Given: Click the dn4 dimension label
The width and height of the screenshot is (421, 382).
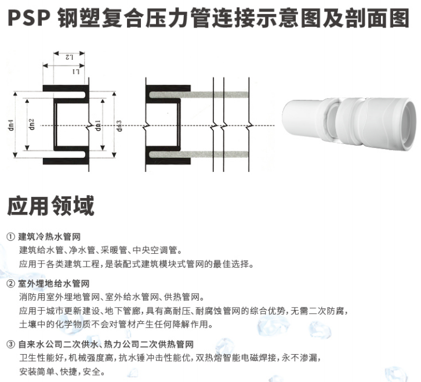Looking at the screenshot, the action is pos(12,125).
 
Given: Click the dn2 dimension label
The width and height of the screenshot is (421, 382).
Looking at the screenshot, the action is pos(32,124).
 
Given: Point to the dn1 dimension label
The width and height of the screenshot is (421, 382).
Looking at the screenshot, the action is pos(98,125).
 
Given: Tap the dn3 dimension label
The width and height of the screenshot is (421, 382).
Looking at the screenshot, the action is pos(119,125).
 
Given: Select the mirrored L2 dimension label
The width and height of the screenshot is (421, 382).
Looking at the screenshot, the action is pos(69,57).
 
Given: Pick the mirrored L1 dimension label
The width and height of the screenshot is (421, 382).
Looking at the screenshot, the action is pos(76,71).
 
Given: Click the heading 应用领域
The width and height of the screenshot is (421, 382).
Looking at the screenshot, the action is pos(51,206).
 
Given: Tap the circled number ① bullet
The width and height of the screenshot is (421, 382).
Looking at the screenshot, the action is pos(11,237).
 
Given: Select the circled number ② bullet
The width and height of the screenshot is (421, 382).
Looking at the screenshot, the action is pos(11,284).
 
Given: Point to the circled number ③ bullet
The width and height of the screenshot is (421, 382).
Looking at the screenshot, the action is pos(11,344).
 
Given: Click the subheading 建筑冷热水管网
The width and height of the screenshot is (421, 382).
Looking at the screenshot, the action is pos(49,237).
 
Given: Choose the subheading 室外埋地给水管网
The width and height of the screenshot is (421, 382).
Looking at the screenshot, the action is pos(54,284).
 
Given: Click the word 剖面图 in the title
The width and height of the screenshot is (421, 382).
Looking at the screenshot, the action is pos(378,18).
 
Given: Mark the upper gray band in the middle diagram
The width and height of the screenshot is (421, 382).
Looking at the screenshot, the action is pos(198,95).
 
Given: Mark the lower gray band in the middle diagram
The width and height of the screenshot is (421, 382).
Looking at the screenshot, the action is pos(198,154).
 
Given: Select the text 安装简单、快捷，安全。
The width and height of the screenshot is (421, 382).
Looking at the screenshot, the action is pos(62,372).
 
